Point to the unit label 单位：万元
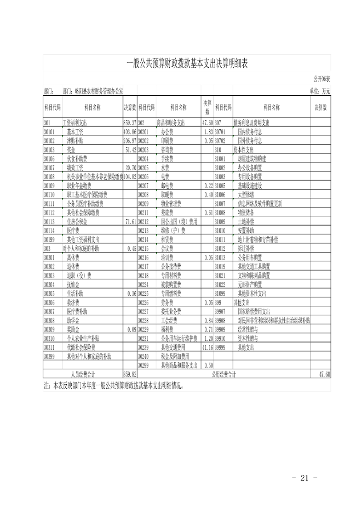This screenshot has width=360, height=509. [320, 91]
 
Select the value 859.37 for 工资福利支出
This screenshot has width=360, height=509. [130, 123]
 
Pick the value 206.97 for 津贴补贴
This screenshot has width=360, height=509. [130, 141]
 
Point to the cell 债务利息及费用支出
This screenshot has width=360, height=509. [252, 123]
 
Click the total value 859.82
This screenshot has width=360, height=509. [130, 374]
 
